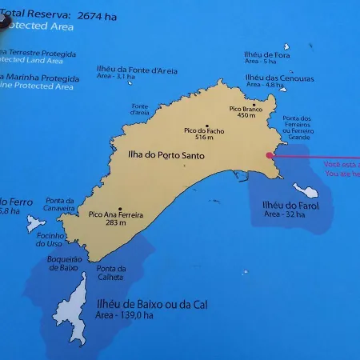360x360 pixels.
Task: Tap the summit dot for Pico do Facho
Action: click(206, 125)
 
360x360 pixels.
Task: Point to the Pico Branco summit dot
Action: click(254, 104)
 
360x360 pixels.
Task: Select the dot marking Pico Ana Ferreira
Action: click(119, 209)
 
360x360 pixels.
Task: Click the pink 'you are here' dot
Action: click(269, 156)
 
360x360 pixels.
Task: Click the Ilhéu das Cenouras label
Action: click(268, 78)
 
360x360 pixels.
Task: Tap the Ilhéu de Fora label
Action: click(261, 54)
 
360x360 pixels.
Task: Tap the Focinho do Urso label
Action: click(49, 239)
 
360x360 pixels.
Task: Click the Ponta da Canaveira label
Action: click(60, 204)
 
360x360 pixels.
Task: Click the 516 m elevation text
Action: click(206, 138)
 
